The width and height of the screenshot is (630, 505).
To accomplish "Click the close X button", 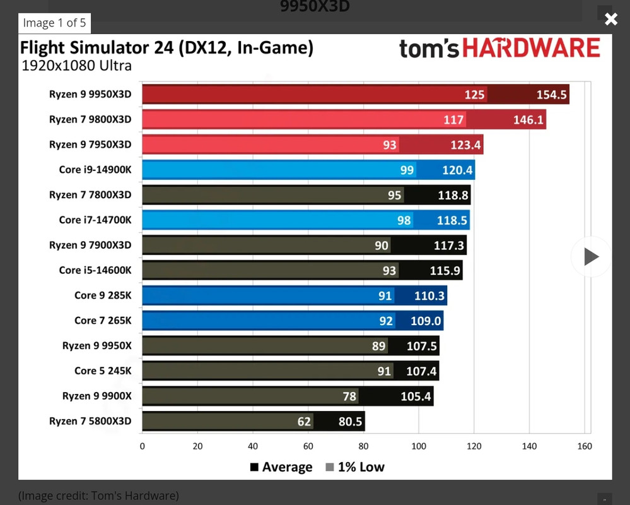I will pyautogui.click(x=610, y=19).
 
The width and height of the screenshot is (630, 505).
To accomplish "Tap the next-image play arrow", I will pyautogui.click(x=591, y=256).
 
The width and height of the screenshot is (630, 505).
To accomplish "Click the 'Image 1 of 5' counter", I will pyautogui.click(x=54, y=23).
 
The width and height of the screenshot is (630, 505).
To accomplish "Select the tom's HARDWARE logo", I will pyautogui.click(x=499, y=49).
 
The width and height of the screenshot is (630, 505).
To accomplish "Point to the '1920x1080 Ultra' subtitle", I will pyautogui.click(x=76, y=66).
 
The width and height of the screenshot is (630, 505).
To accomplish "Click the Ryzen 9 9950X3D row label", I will pyautogui.click(x=90, y=94).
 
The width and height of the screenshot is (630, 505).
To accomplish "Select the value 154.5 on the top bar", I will pyautogui.click(x=552, y=95).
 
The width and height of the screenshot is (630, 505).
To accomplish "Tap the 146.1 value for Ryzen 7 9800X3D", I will pyautogui.click(x=528, y=120).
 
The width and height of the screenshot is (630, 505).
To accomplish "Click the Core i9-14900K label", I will pyautogui.click(x=95, y=169).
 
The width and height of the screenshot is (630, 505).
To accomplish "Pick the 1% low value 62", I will pyautogui.click(x=304, y=421).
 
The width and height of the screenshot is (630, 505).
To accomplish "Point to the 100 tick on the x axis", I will pyautogui.click(x=419, y=446).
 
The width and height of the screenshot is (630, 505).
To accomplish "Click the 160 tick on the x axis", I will pyautogui.click(x=585, y=446).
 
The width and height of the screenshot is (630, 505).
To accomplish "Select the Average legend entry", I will pyautogui.click(x=281, y=467).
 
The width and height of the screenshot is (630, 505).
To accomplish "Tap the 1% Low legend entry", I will pyautogui.click(x=355, y=467).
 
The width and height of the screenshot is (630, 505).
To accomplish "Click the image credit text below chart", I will pyautogui.click(x=98, y=496).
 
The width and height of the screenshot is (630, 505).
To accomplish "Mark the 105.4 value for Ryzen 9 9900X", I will pyautogui.click(x=416, y=396).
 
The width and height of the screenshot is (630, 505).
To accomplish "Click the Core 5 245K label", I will pyautogui.click(x=103, y=371).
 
